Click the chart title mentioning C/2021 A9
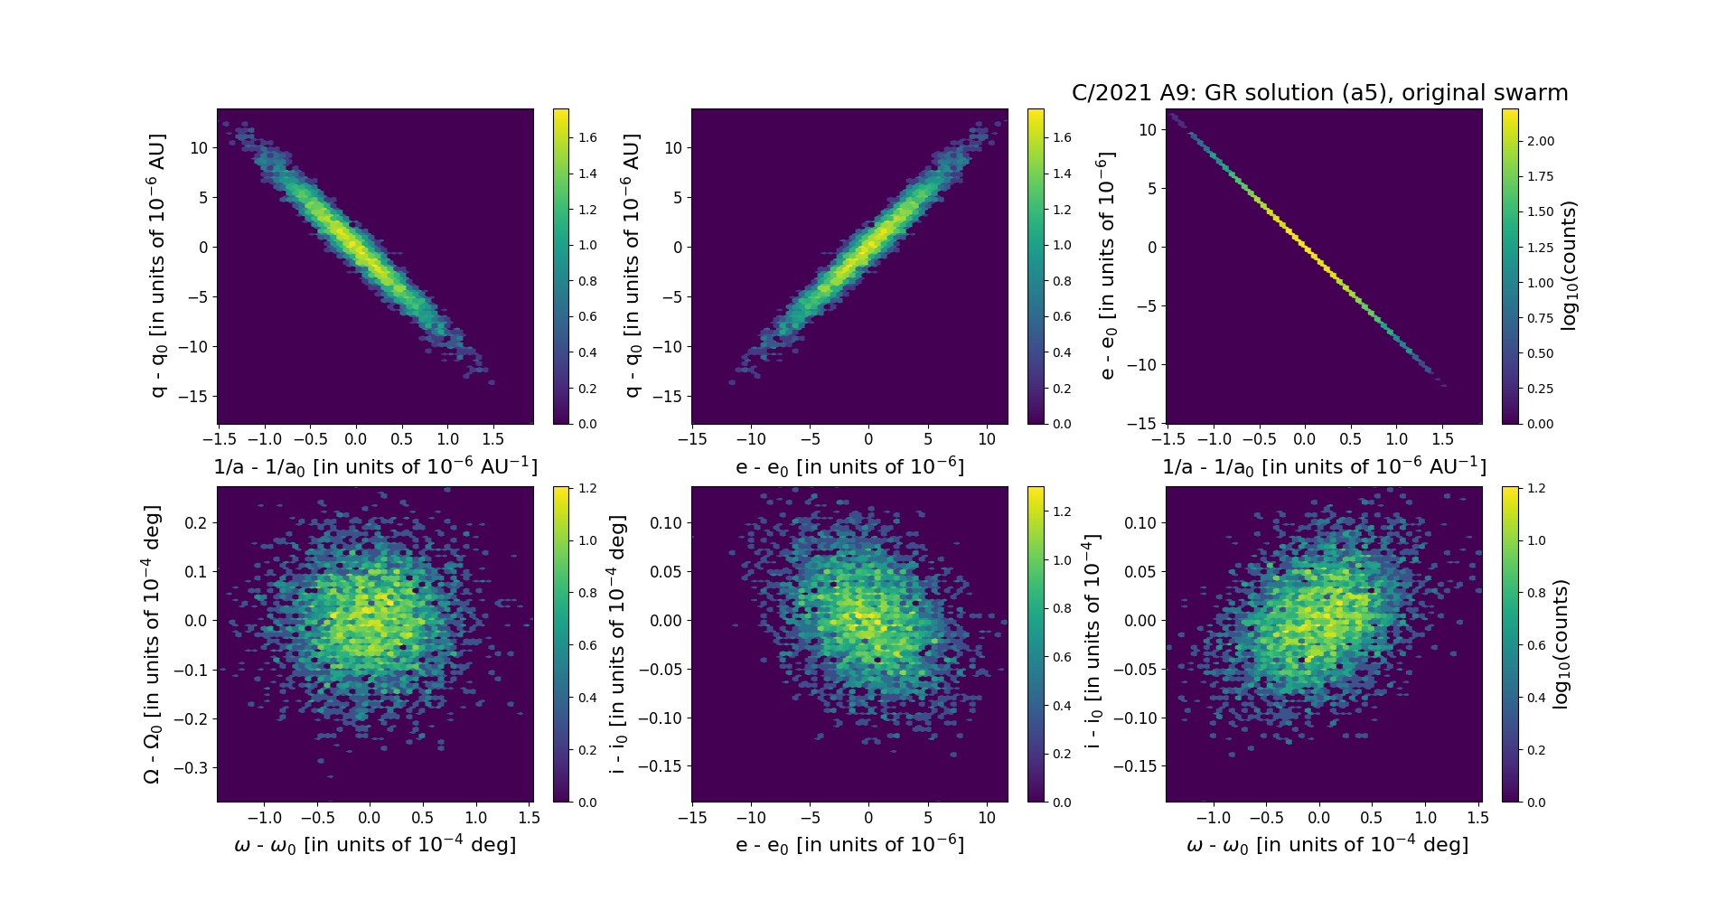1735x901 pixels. click(1319, 93)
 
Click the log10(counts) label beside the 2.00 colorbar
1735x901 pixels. click(1569, 266)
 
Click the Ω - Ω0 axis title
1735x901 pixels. click(152, 643)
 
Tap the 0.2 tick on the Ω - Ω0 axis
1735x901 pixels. click(196, 523)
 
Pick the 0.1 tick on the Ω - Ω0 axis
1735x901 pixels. click(196, 572)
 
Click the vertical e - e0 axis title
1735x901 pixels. click(1107, 266)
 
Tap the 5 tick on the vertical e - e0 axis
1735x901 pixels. click(1151, 189)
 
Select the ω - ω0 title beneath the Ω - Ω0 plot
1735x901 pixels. click(375, 845)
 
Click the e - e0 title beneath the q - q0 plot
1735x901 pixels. click(849, 467)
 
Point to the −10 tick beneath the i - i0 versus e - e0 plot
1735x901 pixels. click(751, 818)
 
